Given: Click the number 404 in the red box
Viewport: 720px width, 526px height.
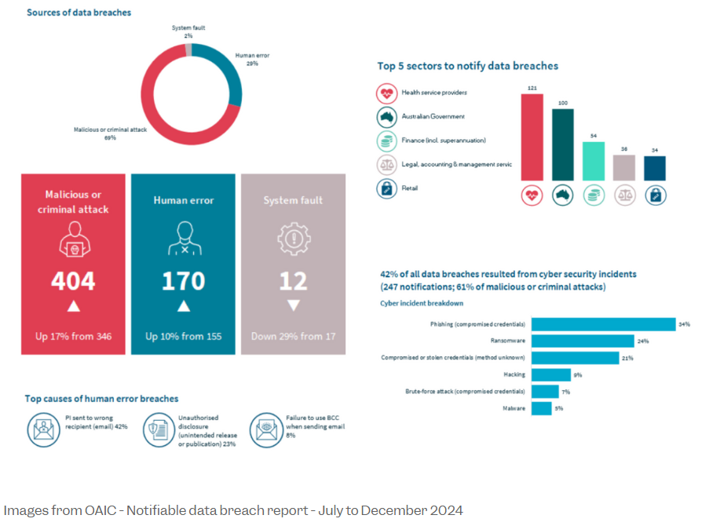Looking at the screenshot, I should click(x=73, y=280).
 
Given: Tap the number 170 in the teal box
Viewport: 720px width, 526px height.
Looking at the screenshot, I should click(x=183, y=280).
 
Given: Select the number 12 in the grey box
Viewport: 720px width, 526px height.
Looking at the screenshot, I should click(x=293, y=280).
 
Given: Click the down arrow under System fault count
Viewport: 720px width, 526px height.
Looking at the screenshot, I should click(x=293, y=305).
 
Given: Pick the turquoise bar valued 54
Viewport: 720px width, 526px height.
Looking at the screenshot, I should click(x=594, y=161).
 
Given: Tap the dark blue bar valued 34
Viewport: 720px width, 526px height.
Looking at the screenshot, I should click(x=655, y=168).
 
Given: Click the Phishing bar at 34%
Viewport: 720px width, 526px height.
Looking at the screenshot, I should click(x=603, y=324).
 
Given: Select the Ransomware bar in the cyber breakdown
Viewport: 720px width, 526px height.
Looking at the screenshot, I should click(x=583, y=341).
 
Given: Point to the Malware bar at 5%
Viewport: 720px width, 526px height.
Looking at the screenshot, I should click(x=542, y=408).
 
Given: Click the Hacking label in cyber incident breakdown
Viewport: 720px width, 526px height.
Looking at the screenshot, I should click(x=514, y=374).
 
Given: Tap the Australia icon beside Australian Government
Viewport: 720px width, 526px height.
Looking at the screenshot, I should click(x=386, y=117).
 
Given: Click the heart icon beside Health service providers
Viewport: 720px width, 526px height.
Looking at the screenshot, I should click(x=386, y=93).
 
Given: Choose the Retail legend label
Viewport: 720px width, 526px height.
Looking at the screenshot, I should click(x=411, y=188).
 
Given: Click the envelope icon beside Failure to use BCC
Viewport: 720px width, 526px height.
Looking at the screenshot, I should click(x=265, y=429).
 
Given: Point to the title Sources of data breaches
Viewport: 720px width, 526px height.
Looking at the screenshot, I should click(x=79, y=13).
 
